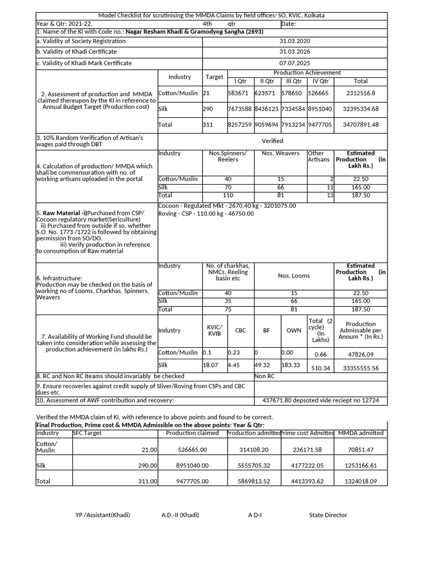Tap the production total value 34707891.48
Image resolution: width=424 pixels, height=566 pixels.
pos(361,125)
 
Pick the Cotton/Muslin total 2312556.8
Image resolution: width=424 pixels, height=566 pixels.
pos(361,94)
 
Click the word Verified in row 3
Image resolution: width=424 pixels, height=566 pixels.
pos(272,141)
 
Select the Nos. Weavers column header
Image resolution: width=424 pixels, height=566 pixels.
pos(280,153)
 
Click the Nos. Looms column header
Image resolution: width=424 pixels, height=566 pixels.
pos(294,275)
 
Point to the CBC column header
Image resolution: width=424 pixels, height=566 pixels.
pos(241,330)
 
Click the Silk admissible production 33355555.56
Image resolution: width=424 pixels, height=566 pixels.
pos(361,368)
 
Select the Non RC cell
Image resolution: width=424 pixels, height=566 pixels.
pos(265,376)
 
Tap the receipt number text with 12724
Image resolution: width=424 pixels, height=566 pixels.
pos(320,400)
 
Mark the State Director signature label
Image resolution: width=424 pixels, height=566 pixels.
pos(328,515)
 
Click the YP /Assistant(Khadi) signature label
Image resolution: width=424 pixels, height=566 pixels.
pos(103,515)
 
